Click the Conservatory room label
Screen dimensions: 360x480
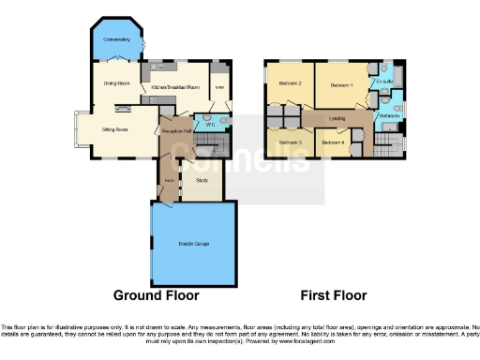click(x=117, y=39)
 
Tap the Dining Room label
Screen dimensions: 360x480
click(x=116, y=83)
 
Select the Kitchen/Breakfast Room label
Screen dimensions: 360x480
click(x=175, y=87)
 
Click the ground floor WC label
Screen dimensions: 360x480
click(x=211, y=125)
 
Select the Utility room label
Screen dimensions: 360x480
click(x=218, y=88)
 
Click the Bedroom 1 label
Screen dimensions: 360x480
click(x=340, y=85)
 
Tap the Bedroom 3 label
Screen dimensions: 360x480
click(x=290, y=142)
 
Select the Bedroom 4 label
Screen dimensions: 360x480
click(x=332, y=142)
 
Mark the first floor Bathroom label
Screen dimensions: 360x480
click(x=388, y=116)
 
